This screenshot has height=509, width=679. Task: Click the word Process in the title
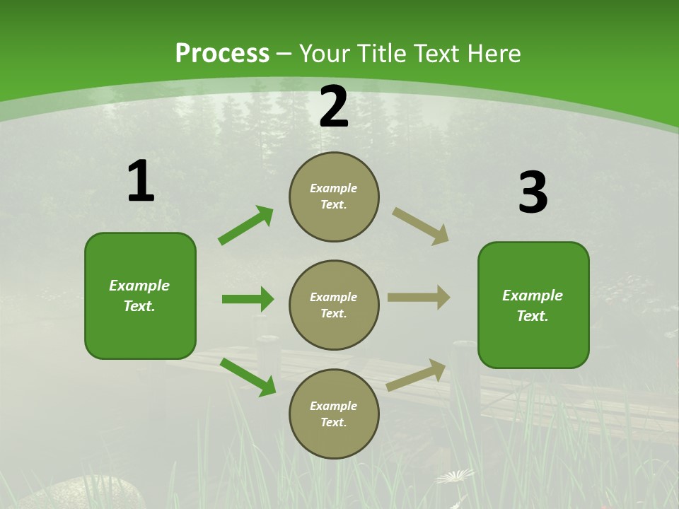coord(222,54)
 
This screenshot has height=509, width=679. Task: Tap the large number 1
coord(140,182)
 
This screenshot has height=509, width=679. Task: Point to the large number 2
coord(334,107)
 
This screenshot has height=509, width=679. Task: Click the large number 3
coord(533,193)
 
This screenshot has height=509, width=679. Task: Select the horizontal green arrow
coord(248,299)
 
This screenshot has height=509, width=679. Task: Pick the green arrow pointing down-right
coord(248,377)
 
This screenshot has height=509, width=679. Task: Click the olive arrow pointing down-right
coord(421,226)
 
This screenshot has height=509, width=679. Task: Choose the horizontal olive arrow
coord(419,297)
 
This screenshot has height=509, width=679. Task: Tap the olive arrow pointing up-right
coord(417,375)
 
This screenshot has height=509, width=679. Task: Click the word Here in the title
coord(497,54)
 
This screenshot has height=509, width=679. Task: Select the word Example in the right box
coord(533,296)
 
